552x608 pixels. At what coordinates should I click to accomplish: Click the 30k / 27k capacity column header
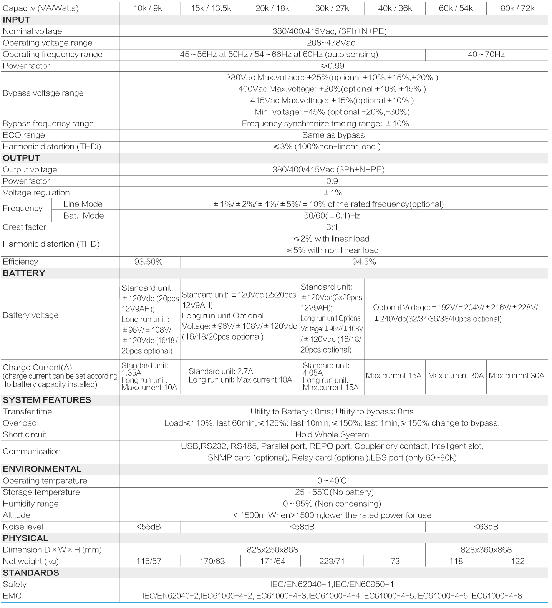(x=332, y=8)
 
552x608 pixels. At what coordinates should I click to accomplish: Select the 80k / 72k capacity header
(x=517, y=8)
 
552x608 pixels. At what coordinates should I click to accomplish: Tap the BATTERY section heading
(x=24, y=273)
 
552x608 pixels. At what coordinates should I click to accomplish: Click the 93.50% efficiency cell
(x=148, y=262)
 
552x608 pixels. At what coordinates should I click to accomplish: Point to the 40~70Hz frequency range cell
(x=486, y=55)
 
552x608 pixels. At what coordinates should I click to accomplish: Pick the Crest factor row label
(x=25, y=227)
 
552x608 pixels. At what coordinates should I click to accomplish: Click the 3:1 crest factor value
(x=332, y=227)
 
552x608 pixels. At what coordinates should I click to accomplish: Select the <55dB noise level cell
(x=148, y=527)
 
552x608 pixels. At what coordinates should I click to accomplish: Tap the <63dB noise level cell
(x=486, y=527)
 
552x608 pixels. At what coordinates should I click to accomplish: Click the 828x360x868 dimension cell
(x=486, y=550)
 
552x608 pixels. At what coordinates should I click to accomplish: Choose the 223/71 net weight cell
(x=332, y=562)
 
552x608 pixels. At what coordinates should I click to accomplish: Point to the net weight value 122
(x=517, y=562)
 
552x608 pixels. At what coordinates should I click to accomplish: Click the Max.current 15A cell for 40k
(x=394, y=376)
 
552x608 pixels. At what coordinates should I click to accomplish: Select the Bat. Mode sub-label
(x=84, y=216)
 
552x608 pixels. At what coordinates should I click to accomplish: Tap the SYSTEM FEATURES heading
(x=47, y=400)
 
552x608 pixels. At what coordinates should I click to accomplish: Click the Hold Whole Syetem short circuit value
(x=332, y=435)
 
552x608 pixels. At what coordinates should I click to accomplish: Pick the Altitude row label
(x=16, y=515)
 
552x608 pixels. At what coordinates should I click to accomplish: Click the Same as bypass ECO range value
(x=333, y=135)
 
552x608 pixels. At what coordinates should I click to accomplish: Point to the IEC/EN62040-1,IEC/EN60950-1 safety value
(x=332, y=585)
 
